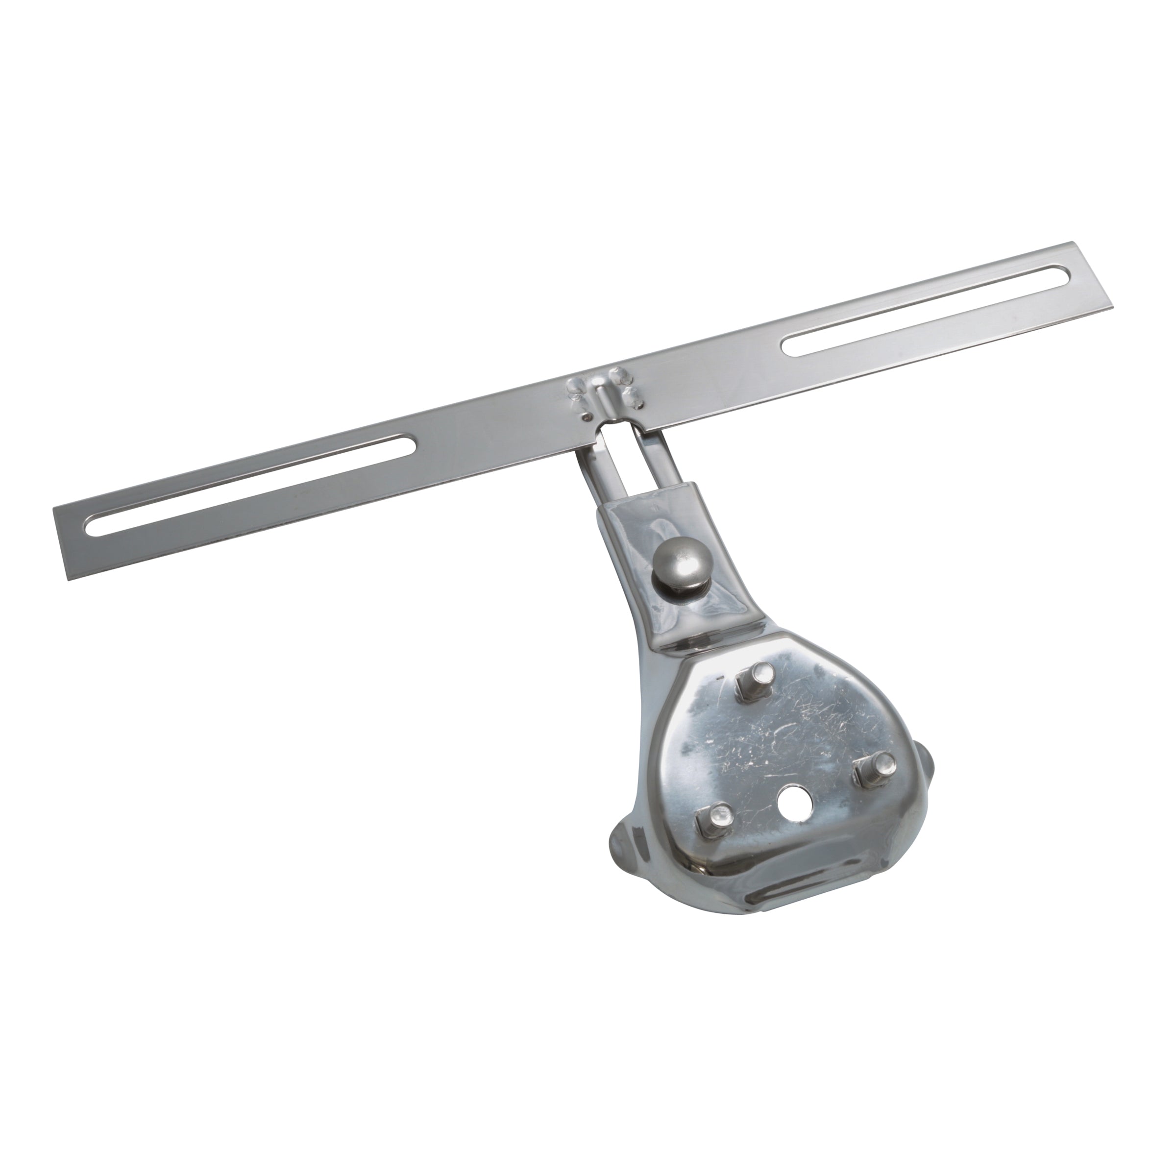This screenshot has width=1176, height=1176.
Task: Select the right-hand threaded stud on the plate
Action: click(x=872, y=769)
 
